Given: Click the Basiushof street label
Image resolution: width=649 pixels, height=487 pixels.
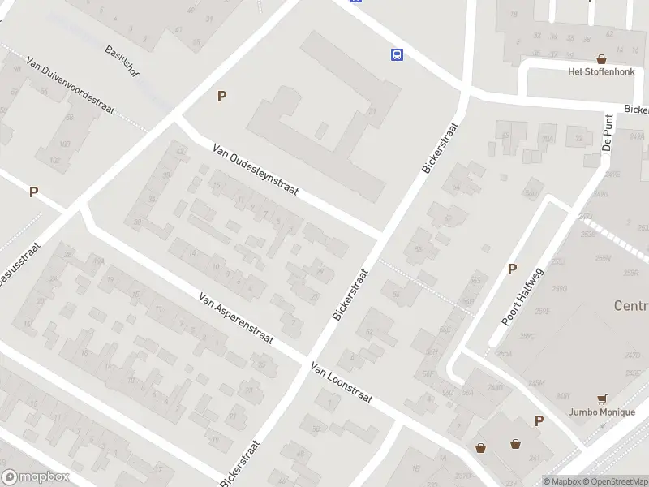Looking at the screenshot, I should click(x=122, y=60).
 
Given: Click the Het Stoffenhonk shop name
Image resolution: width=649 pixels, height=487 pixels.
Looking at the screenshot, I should click(x=600, y=71).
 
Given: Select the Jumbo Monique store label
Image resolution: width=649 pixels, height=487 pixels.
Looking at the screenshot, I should click(x=601, y=412).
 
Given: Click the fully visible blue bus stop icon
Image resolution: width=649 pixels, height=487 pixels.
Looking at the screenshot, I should click(x=397, y=54).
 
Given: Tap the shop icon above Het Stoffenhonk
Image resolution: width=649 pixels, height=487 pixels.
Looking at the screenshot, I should click(x=601, y=58).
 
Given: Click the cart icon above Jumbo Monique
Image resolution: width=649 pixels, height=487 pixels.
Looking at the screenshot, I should click(x=601, y=399).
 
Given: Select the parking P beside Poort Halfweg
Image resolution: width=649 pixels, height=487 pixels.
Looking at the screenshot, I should click(x=512, y=269).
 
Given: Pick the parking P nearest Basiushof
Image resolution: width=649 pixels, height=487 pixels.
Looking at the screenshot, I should click(x=221, y=96).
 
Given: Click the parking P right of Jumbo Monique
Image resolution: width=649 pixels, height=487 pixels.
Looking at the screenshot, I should click(x=539, y=420).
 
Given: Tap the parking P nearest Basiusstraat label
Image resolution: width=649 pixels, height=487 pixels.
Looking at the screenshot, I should click(x=33, y=192).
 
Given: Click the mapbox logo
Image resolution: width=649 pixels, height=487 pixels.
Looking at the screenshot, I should click(x=36, y=477).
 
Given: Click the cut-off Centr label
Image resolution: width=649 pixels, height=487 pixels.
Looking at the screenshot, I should click(x=631, y=306).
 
